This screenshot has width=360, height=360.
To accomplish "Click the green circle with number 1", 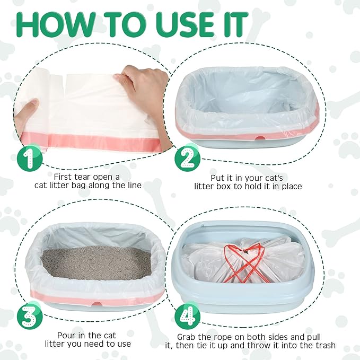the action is click(30, 159).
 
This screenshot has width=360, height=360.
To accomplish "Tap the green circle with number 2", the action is click(187, 159).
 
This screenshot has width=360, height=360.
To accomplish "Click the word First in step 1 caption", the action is click(64, 177).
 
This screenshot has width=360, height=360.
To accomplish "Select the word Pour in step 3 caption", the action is click(66, 336).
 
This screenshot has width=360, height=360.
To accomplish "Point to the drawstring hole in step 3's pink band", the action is click(98, 304).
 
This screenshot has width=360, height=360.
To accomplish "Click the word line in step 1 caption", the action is click(133, 185).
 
